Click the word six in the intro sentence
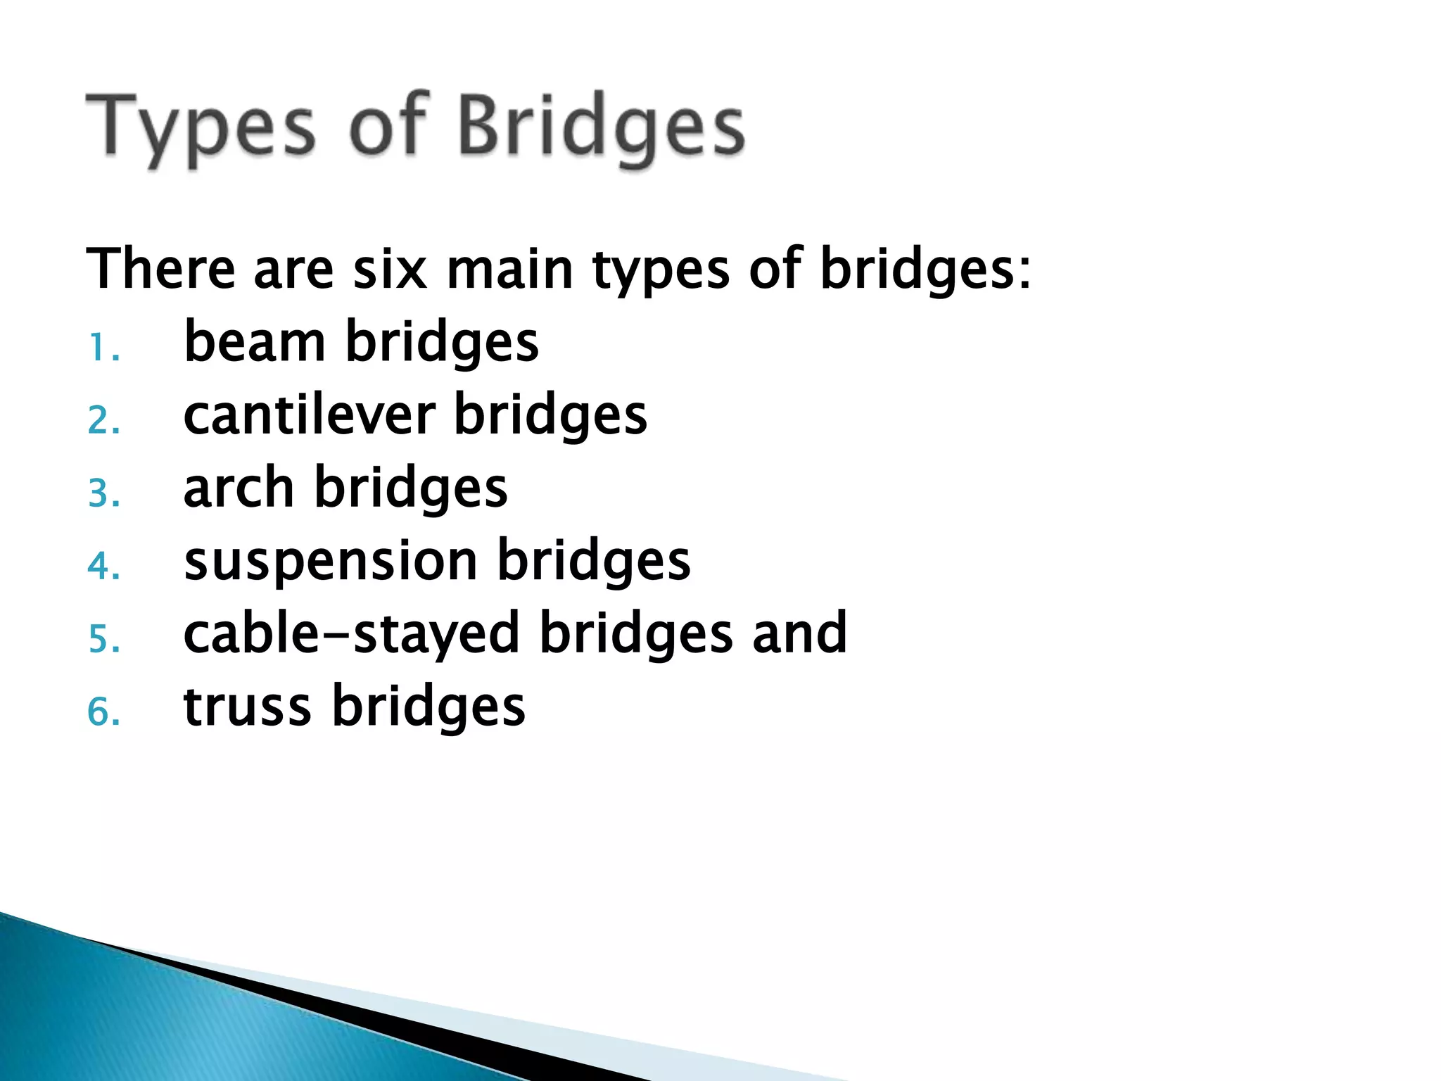390,270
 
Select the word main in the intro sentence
510,270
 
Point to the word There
160,270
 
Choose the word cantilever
310,415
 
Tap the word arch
239,488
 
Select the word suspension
331,561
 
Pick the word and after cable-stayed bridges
799,633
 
